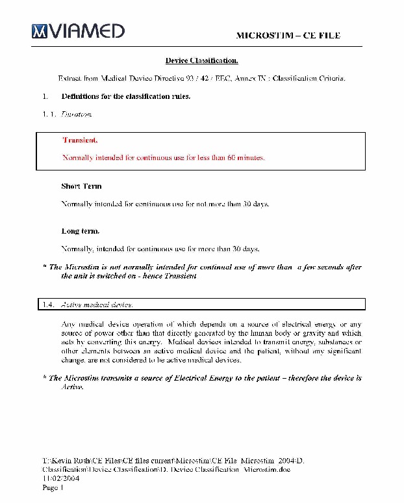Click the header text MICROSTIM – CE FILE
point(288,35)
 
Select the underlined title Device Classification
point(201,61)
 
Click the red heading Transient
point(81,140)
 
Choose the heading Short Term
point(81,186)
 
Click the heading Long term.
point(80,231)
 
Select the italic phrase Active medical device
point(97,304)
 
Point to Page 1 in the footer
point(53,487)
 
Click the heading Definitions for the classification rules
point(125,96)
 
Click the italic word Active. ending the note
point(72,387)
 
